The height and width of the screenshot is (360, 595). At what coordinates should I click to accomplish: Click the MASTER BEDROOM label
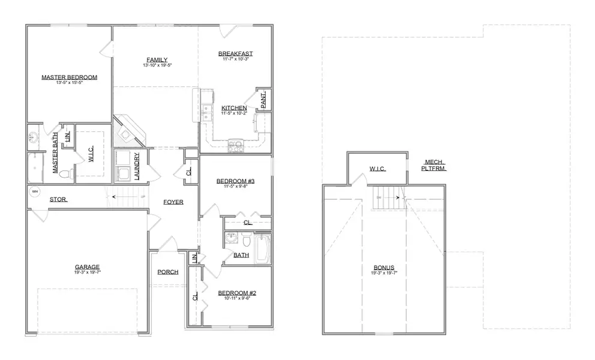(69, 77)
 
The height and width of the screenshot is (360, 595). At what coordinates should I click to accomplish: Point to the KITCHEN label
(233, 108)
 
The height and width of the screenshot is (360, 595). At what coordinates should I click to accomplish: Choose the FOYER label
(173, 202)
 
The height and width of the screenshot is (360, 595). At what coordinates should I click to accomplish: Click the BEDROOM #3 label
(235, 181)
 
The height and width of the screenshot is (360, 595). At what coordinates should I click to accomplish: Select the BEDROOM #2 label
(236, 293)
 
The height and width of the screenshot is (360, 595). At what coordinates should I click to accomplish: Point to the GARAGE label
(87, 267)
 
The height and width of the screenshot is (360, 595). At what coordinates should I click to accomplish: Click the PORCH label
(168, 272)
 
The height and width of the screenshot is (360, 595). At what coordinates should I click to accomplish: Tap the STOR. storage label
(58, 199)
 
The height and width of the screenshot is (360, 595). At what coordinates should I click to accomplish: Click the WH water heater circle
(35, 192)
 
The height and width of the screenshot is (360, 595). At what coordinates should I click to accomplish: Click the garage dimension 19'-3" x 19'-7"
(87, 272)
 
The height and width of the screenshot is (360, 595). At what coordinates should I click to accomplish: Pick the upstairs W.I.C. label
(377, 169)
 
